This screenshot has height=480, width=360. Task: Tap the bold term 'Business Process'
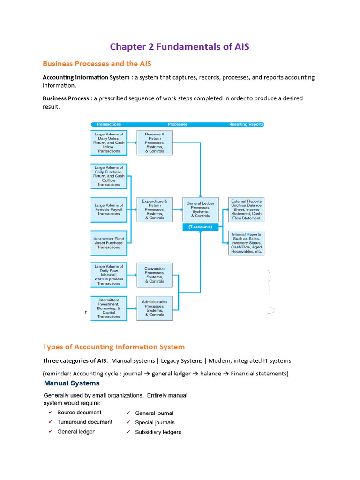[66, 98]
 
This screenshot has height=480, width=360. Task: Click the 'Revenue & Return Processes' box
[155, 143]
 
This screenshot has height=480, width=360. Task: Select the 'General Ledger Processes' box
[200, 209]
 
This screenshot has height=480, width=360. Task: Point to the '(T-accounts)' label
[200, 227]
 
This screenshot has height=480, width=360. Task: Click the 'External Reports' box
[246, 209]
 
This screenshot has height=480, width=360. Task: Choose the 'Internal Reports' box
[246, 242]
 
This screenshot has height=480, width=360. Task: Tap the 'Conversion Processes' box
[155, 275]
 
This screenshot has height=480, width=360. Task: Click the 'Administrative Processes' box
[155, 308]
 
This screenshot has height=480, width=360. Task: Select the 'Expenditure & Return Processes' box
[155, 209]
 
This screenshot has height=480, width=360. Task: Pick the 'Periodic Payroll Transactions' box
[109, 209]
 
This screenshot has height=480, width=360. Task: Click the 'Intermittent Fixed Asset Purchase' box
[109, 243]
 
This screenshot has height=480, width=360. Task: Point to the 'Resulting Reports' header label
[246, 124]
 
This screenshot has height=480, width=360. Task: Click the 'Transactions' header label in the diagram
[109, 124]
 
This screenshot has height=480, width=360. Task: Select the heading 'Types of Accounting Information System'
[113, 347]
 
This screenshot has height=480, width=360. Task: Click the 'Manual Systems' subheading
[72, 383]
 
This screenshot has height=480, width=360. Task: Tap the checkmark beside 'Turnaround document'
[50, 422]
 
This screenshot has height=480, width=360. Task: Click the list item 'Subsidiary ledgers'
[158, 432]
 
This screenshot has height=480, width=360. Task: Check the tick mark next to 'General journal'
[128, 413]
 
